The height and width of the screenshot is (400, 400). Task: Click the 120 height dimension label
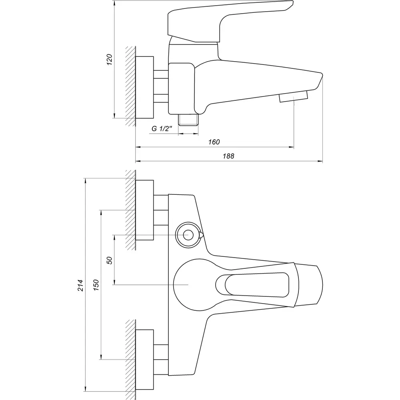[110, 60]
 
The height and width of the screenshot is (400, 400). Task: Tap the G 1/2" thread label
[162, 129]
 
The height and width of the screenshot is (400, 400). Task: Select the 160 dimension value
[214, 142]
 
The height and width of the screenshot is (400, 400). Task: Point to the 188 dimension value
[228, 156]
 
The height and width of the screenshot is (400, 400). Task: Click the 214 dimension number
[81, 286]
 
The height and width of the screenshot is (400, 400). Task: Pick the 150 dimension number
[96, 285]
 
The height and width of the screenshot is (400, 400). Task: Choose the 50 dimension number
[110, 260]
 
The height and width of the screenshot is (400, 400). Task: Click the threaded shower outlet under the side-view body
[188, 120]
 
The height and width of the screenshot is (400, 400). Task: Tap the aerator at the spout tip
[294, 96]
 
